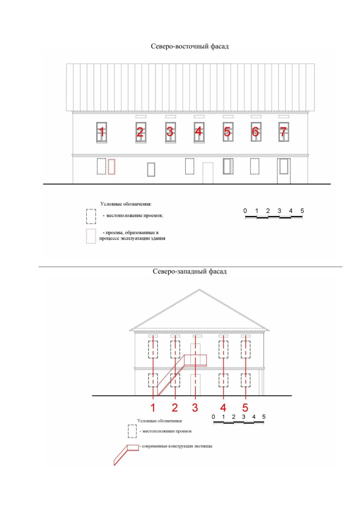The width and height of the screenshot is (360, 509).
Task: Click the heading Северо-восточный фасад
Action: pos(190,46)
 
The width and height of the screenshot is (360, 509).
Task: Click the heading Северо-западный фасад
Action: pos(190,271)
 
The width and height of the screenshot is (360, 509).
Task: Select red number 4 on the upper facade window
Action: pos(198,131)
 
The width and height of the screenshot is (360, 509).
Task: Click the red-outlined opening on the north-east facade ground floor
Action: pos(112,167)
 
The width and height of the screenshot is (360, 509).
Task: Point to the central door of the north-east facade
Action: pos(208,173)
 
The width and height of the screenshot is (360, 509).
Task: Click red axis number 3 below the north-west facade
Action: pos(195,408)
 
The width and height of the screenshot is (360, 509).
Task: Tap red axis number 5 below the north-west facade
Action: pos(245,408)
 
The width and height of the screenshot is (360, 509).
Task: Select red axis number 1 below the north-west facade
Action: pos(153,408)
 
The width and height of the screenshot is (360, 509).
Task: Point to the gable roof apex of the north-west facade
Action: pos(199,289)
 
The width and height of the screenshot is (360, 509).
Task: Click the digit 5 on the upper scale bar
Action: pos(302,211)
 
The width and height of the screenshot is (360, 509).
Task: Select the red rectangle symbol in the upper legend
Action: pos(91,236)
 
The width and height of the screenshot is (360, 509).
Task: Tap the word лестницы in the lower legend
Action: pos(203,446)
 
